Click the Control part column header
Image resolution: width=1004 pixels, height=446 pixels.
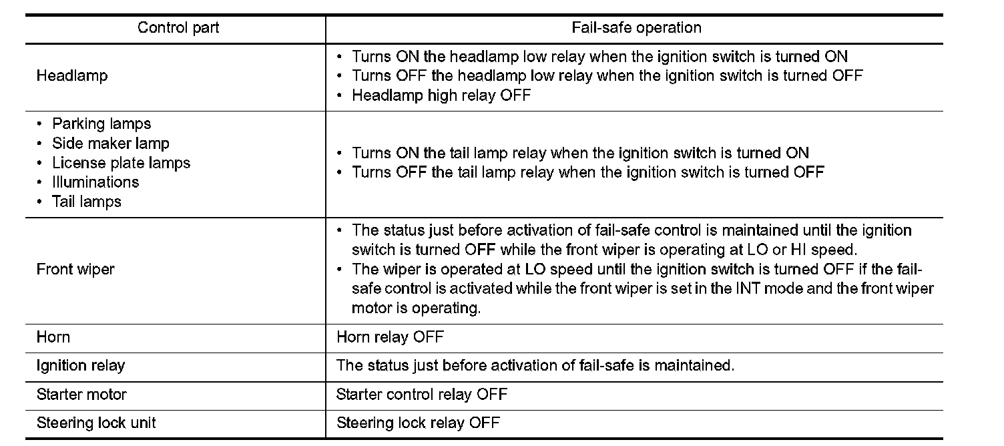click(x=178, y=28)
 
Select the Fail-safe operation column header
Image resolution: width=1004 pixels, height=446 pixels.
click(x=636, y=28)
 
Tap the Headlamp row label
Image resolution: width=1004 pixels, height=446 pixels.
click(x=72, y=76)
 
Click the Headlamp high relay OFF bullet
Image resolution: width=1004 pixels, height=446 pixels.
click(x=441, y=95)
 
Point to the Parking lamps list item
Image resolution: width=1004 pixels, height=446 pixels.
click(x=101, y=124)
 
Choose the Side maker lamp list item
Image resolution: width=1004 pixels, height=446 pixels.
click(x=111, y=144)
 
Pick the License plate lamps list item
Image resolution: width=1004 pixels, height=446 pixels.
click(x=121, y=163)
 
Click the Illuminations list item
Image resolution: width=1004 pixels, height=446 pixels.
click(x=95, y=182)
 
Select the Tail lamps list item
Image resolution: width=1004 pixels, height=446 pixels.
click(x=87, y=202)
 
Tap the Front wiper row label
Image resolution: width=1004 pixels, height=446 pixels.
click(x=75, y=270)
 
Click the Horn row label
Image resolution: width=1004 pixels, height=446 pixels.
click(x=53, y=337)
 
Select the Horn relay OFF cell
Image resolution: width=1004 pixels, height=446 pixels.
click(x=390, y=337)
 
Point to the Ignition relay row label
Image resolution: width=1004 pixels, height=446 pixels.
click(x=81, y=366)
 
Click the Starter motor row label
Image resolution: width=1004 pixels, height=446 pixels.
click(x=81, y=395)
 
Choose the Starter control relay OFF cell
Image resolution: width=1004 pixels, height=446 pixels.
click(x=422, y=395)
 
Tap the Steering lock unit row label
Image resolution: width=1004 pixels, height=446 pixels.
click(x=97, y=423)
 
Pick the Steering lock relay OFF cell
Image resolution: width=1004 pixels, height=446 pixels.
click(x=418, y=423)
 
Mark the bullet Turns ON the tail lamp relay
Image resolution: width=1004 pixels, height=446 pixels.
click(x=579, y=154)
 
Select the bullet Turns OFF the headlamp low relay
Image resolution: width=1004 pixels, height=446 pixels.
click(x=607, y=76)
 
